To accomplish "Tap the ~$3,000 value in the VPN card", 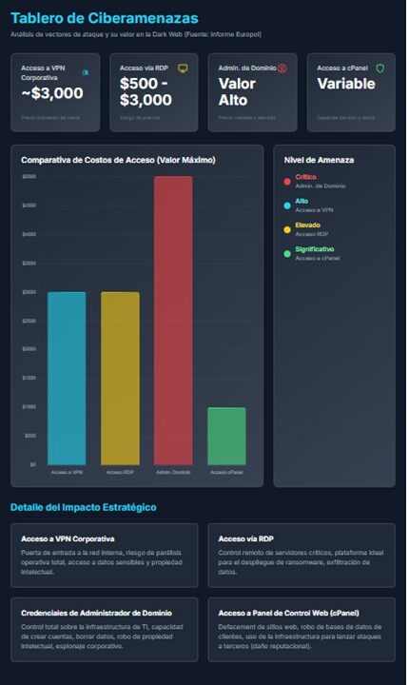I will click(x=52, y=93).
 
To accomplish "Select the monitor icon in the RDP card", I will click(x=183, y=68).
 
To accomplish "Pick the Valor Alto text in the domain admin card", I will click(x=237, y=91).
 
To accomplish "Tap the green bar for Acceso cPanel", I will click(x=226, y=436).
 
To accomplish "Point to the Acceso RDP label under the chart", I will click(x=120, y=472).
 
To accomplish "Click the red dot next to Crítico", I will click(x=287, y=181).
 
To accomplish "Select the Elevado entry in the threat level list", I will click(x=307, y=225).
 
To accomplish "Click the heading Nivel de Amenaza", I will click(x=312, y=159).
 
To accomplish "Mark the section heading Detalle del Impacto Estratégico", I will click(x=84, y=507).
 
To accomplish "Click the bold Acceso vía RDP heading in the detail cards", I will click(x=246, y=538).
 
